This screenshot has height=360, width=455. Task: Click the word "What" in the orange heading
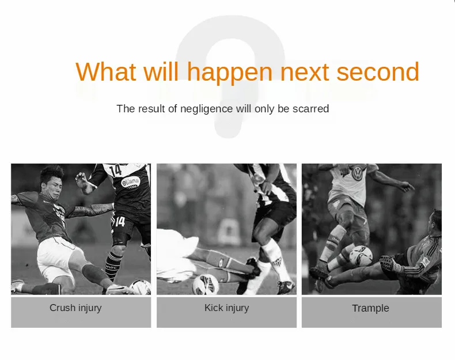point(105,71)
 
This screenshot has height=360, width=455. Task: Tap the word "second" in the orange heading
point(378,71)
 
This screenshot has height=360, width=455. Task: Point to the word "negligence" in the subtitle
point(206,109)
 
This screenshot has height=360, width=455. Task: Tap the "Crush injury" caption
point(75,308)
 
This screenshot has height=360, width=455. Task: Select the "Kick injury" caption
point(226,308)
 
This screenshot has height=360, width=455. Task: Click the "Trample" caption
point(370,308)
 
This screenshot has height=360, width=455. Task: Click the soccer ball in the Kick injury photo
point(206,285)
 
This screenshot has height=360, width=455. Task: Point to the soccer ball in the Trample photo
point(361,256)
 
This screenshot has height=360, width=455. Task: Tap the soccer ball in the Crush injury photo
point(140,287)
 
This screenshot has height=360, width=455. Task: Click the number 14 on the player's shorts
point(120,222)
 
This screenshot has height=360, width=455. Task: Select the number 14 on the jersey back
point(116,170)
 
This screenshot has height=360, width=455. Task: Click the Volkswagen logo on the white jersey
point(357,173)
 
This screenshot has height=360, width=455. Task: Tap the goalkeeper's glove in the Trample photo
point(390,263)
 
